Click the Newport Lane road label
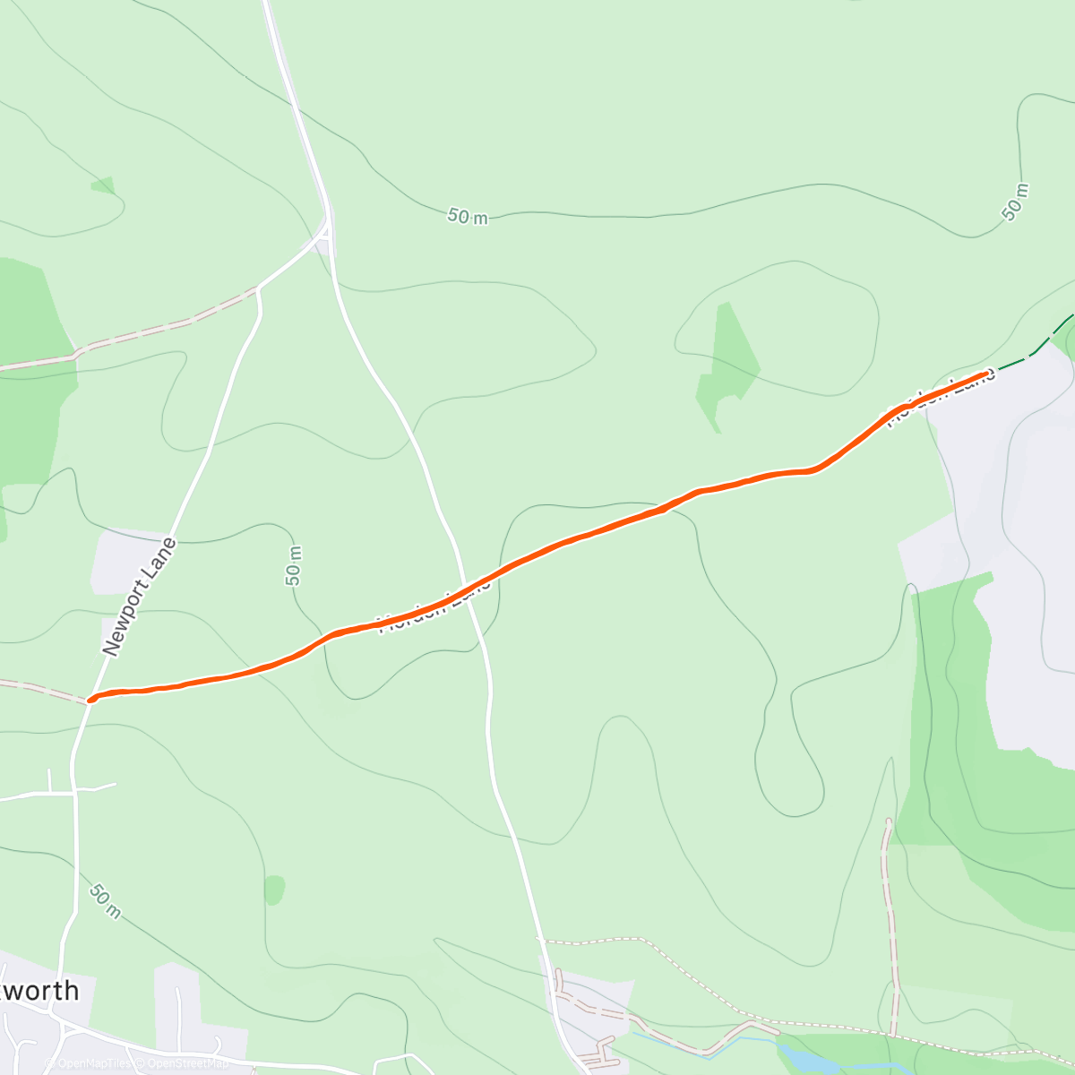tap(140, 598)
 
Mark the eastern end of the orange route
tap(987, 374)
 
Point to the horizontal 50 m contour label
tap(468, 216)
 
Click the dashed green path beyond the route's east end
tap(1030, 355)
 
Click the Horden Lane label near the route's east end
tap(941, 398)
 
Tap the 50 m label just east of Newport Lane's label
tap(294, 565)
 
